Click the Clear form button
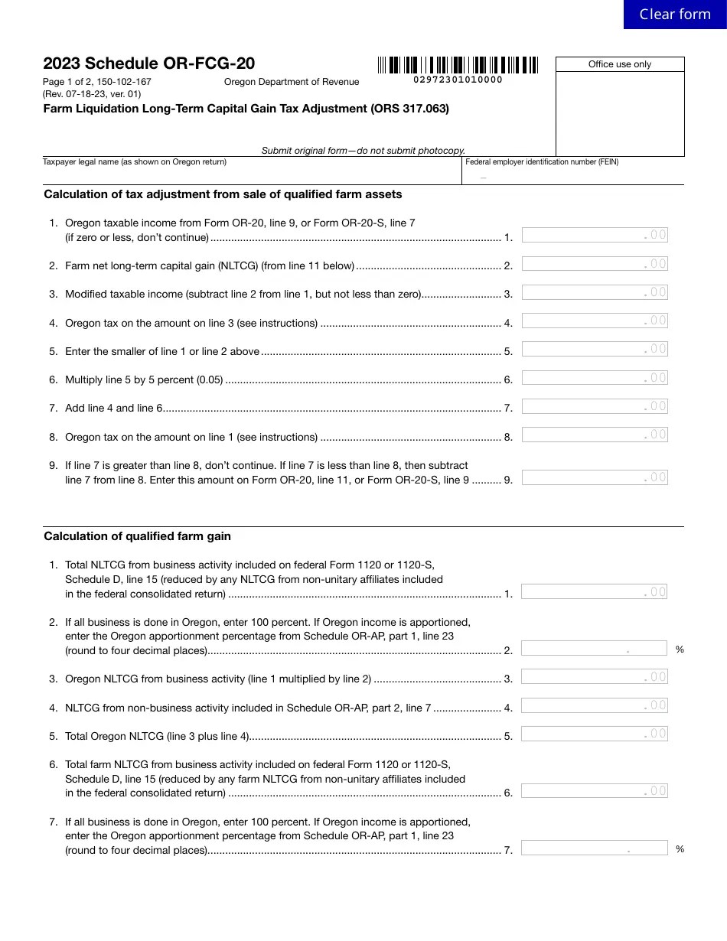click(674, 15)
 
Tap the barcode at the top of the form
click(458, 65)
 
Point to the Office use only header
click(619, 64)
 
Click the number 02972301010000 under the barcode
click(458, 80)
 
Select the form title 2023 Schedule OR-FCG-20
click(149, 63)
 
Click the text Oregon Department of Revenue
click(291, 82)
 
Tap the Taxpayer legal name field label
click(135, 162)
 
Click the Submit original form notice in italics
click(363, 151)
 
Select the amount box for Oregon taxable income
click(594, 235)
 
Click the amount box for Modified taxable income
click(594, 292)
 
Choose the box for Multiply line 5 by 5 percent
click(594, 378)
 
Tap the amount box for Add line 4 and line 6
click(594, 406)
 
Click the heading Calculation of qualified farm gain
click(137, 536)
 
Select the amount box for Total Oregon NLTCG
click(594, 734)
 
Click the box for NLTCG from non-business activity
click(594, 705)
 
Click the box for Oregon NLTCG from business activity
click(594, 677)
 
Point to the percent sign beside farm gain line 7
click(680, 849)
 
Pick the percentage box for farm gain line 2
click(594, 649)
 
